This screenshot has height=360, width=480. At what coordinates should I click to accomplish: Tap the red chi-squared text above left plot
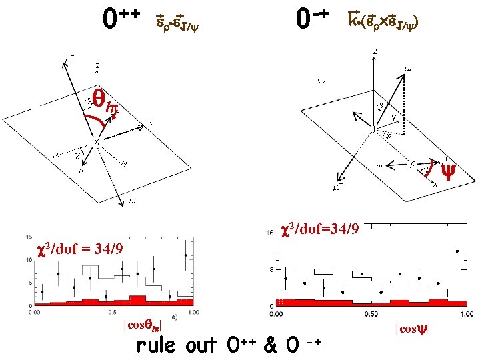click(x=81, y=249)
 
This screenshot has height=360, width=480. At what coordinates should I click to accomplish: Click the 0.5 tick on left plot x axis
click(x=113, y=311)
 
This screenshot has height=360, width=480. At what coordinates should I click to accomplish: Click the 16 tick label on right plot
click(x=269, y=233)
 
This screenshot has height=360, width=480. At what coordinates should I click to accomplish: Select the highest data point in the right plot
click(x=457, y=251)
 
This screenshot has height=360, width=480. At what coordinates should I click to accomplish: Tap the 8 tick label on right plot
click(x=271, y=270)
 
